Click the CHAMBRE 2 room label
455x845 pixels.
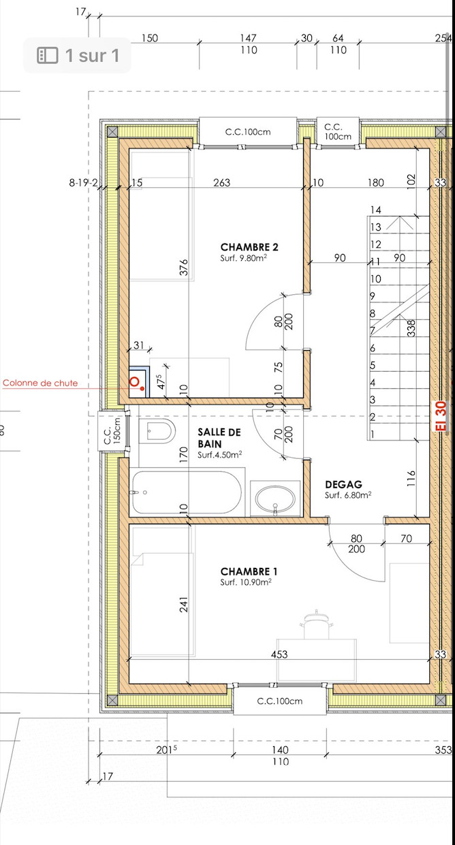(x=249, y=247)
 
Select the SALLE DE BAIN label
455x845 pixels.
(x=219, y=438)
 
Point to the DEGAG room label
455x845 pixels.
(x=343, y=484)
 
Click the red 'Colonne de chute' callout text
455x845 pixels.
(x=40, y=383)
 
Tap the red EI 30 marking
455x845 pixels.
(x=440, y=416)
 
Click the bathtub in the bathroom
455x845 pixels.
(x=187, y=492)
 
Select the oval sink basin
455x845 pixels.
(x=275, y=498)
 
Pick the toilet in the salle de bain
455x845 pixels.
(x=157, y=430)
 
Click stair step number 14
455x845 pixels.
(x=376, y=210)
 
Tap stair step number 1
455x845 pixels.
(x=373, y=434)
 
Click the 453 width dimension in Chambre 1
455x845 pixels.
(x=279, y=654)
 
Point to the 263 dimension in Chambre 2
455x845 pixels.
(x=221, y=182)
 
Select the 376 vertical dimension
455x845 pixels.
(x=183, y=267)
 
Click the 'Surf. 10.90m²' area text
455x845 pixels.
(x=246, y=582)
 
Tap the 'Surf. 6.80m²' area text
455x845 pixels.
(x=348, y=495)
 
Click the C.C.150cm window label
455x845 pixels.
(x=112, y=430)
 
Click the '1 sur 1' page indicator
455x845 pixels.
(x=92, y=55)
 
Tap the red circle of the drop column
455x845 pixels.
(x=134, y=382)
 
